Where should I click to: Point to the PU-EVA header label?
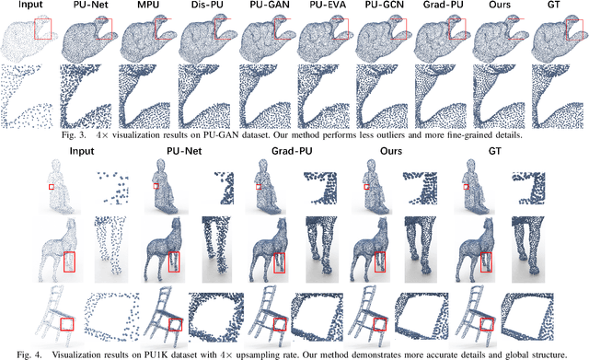coord(325,5)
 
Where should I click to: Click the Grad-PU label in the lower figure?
coord(292,151)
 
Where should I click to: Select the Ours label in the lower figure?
coord(391,151)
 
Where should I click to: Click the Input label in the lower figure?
coord(82,151)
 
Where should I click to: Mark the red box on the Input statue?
coord(52,187)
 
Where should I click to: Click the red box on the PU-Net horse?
coord(174,261)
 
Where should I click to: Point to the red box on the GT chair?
coord(487,324)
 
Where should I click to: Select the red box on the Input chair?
coord(67,324)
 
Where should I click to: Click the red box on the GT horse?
coord(486,261)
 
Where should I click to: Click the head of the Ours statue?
coord(372,164)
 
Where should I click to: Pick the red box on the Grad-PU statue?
coord(259,187)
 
